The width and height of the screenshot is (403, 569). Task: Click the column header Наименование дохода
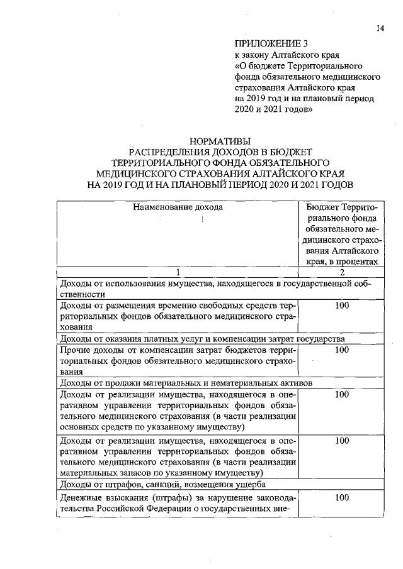point(178,206)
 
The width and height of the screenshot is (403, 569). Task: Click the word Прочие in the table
point(74,350)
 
